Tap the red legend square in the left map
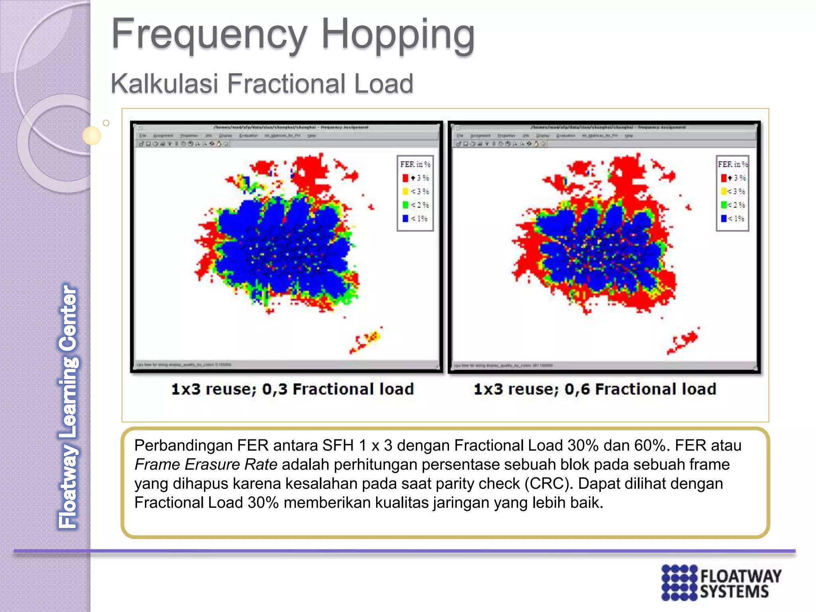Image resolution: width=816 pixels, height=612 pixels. pos(405,178)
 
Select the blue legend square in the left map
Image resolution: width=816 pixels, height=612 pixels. pos(405,218)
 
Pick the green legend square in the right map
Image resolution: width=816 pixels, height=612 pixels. pos(724,205)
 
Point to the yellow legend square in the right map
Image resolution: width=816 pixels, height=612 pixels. pos(724,191)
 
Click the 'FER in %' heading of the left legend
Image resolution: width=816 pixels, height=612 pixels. pos(415,164)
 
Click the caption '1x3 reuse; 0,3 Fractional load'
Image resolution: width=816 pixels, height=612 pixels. pos(292,389)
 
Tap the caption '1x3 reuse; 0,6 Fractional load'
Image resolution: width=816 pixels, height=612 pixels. pos(595,389)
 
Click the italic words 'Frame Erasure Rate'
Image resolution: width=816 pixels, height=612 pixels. pos(206,465)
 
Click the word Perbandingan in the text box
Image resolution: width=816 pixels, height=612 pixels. pos(183,445)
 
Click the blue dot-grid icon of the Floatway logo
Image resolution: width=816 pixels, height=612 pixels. pos(679,582)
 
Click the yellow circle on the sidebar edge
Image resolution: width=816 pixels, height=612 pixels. pos(92,135)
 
